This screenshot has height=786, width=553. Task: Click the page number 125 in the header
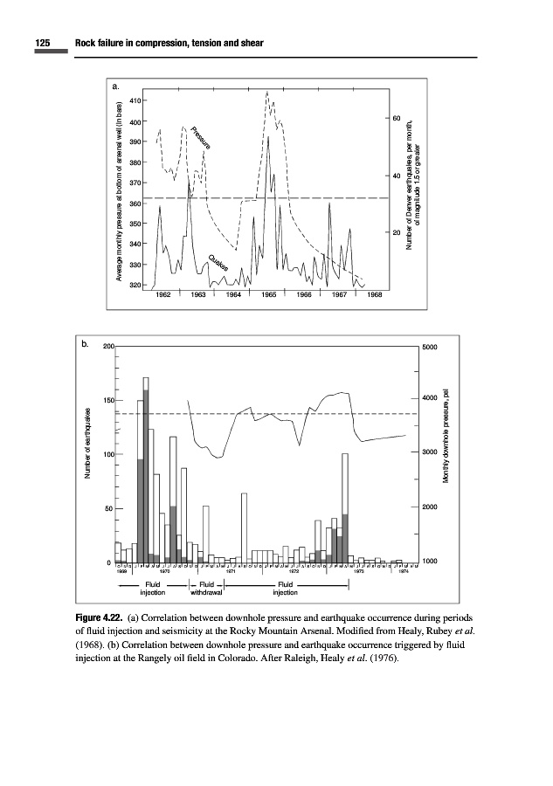coord(44,43)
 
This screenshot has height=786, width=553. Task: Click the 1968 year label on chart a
coord(374,294)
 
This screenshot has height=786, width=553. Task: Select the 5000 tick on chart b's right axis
coord(431,347)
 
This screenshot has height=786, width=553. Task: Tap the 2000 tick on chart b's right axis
coord(431,507)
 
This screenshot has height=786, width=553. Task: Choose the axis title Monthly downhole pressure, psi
coord(446,437)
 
